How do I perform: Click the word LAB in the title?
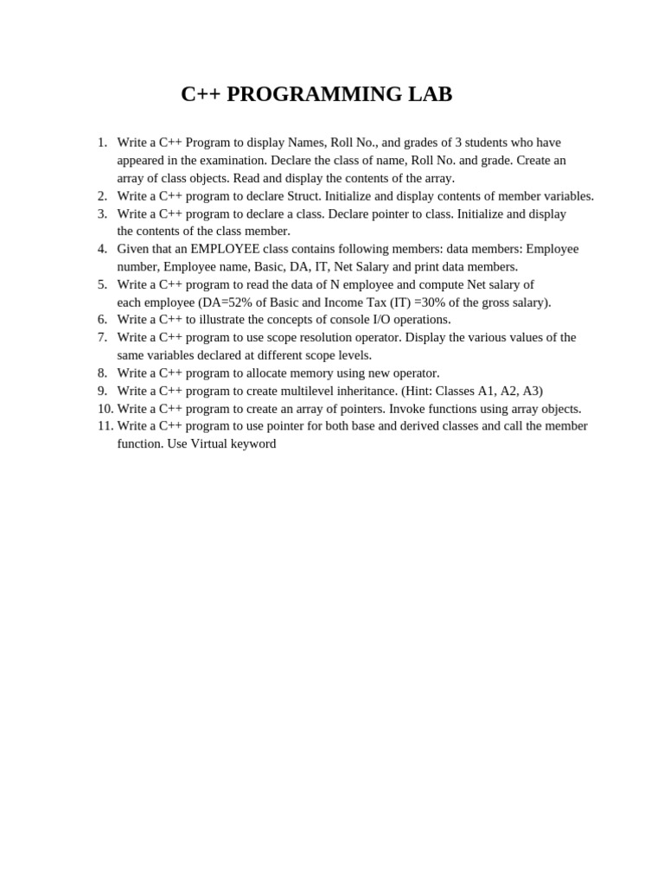431,94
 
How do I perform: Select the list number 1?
102,143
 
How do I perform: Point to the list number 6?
102,320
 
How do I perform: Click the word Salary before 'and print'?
373,267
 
